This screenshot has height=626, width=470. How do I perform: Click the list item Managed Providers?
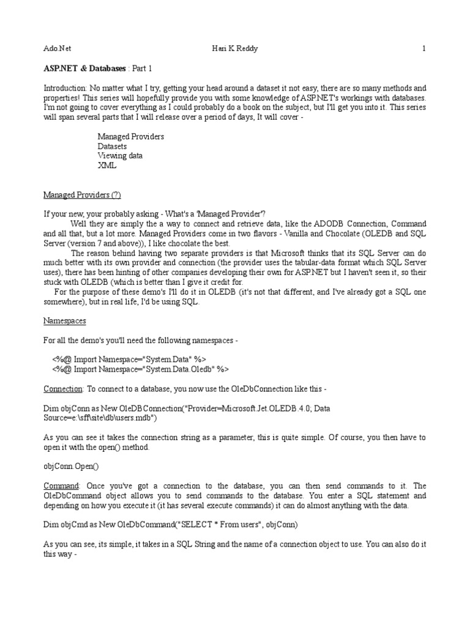(x=131, y=136)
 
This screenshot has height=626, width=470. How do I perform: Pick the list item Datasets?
(x=113, y=146)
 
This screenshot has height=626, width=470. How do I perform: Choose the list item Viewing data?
(x=120, y=156)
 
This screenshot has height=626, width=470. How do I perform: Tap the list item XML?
(x=106, y=166)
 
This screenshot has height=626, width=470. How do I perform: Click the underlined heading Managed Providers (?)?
(x=82, y=195)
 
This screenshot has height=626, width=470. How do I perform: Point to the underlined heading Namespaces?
(x=65, y=320)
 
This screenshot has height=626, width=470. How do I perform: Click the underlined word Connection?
(x=62, y=389)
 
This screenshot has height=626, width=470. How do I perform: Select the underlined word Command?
(x=59, y=485)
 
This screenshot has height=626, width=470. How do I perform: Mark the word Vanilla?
(x=285, y=234)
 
